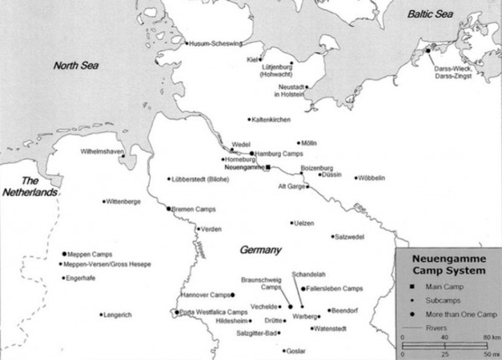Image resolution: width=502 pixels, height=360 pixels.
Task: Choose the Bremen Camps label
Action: (195, 208)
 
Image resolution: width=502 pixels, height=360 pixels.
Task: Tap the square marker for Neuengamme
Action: (268, 168)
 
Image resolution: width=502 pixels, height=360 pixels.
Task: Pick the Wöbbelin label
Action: (372, 178)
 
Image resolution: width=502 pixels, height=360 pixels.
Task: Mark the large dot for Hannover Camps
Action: (233, 296)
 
